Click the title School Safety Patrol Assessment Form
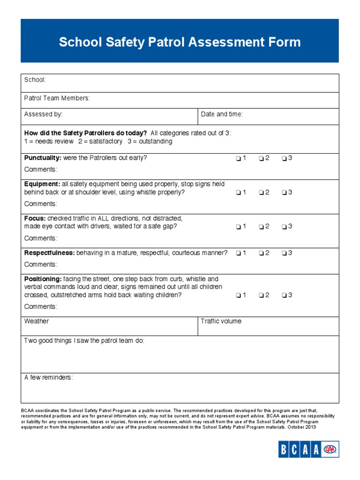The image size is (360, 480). pos(180,42)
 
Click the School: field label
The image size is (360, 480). pos(35,80)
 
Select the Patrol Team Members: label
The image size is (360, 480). pos(57,98)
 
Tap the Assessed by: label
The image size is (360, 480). pos(43,114)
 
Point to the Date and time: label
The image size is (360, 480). pos(222,114)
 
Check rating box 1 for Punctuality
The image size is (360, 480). pos(239,158)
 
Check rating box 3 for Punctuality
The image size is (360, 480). pos(285,158)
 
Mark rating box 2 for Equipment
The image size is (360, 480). pos(261,193)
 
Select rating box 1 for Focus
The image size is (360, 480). pos(239,227)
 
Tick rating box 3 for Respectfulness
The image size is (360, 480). pos(285,253)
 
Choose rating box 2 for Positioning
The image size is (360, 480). pos(261,295)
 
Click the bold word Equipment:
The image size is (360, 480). pos(42,184)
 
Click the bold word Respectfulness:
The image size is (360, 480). pos(49,253)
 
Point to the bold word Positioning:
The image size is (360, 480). pos(43,279)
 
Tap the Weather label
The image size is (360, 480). pos(36,321)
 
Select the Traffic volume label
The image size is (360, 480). pos(221,321)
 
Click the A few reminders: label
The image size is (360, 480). pos(48,378)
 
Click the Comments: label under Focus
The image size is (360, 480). pos(41,238)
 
